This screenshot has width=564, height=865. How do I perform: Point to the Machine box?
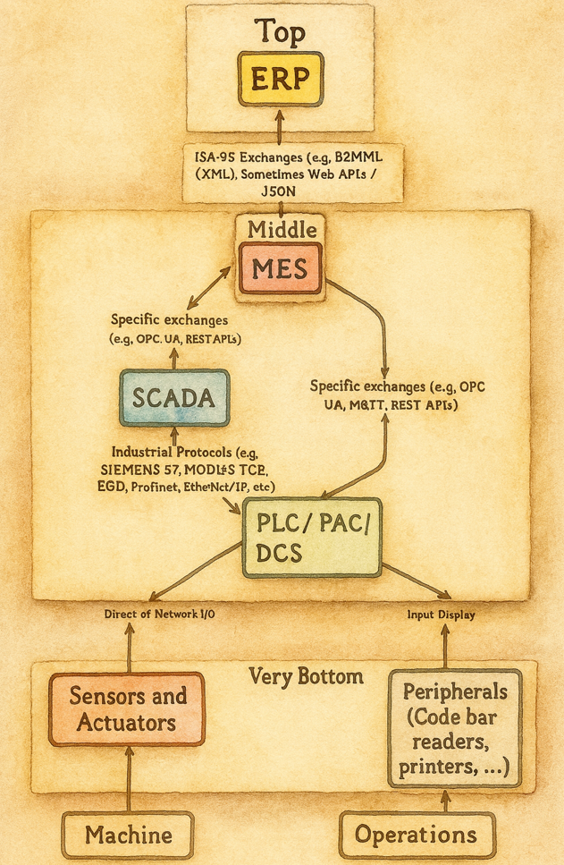[129, 835]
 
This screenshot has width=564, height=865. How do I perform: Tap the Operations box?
[416, 835]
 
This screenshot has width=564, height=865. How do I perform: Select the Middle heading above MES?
[282, 228]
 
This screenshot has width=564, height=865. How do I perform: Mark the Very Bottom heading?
[306, 676]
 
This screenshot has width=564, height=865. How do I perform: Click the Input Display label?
[441, 615]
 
